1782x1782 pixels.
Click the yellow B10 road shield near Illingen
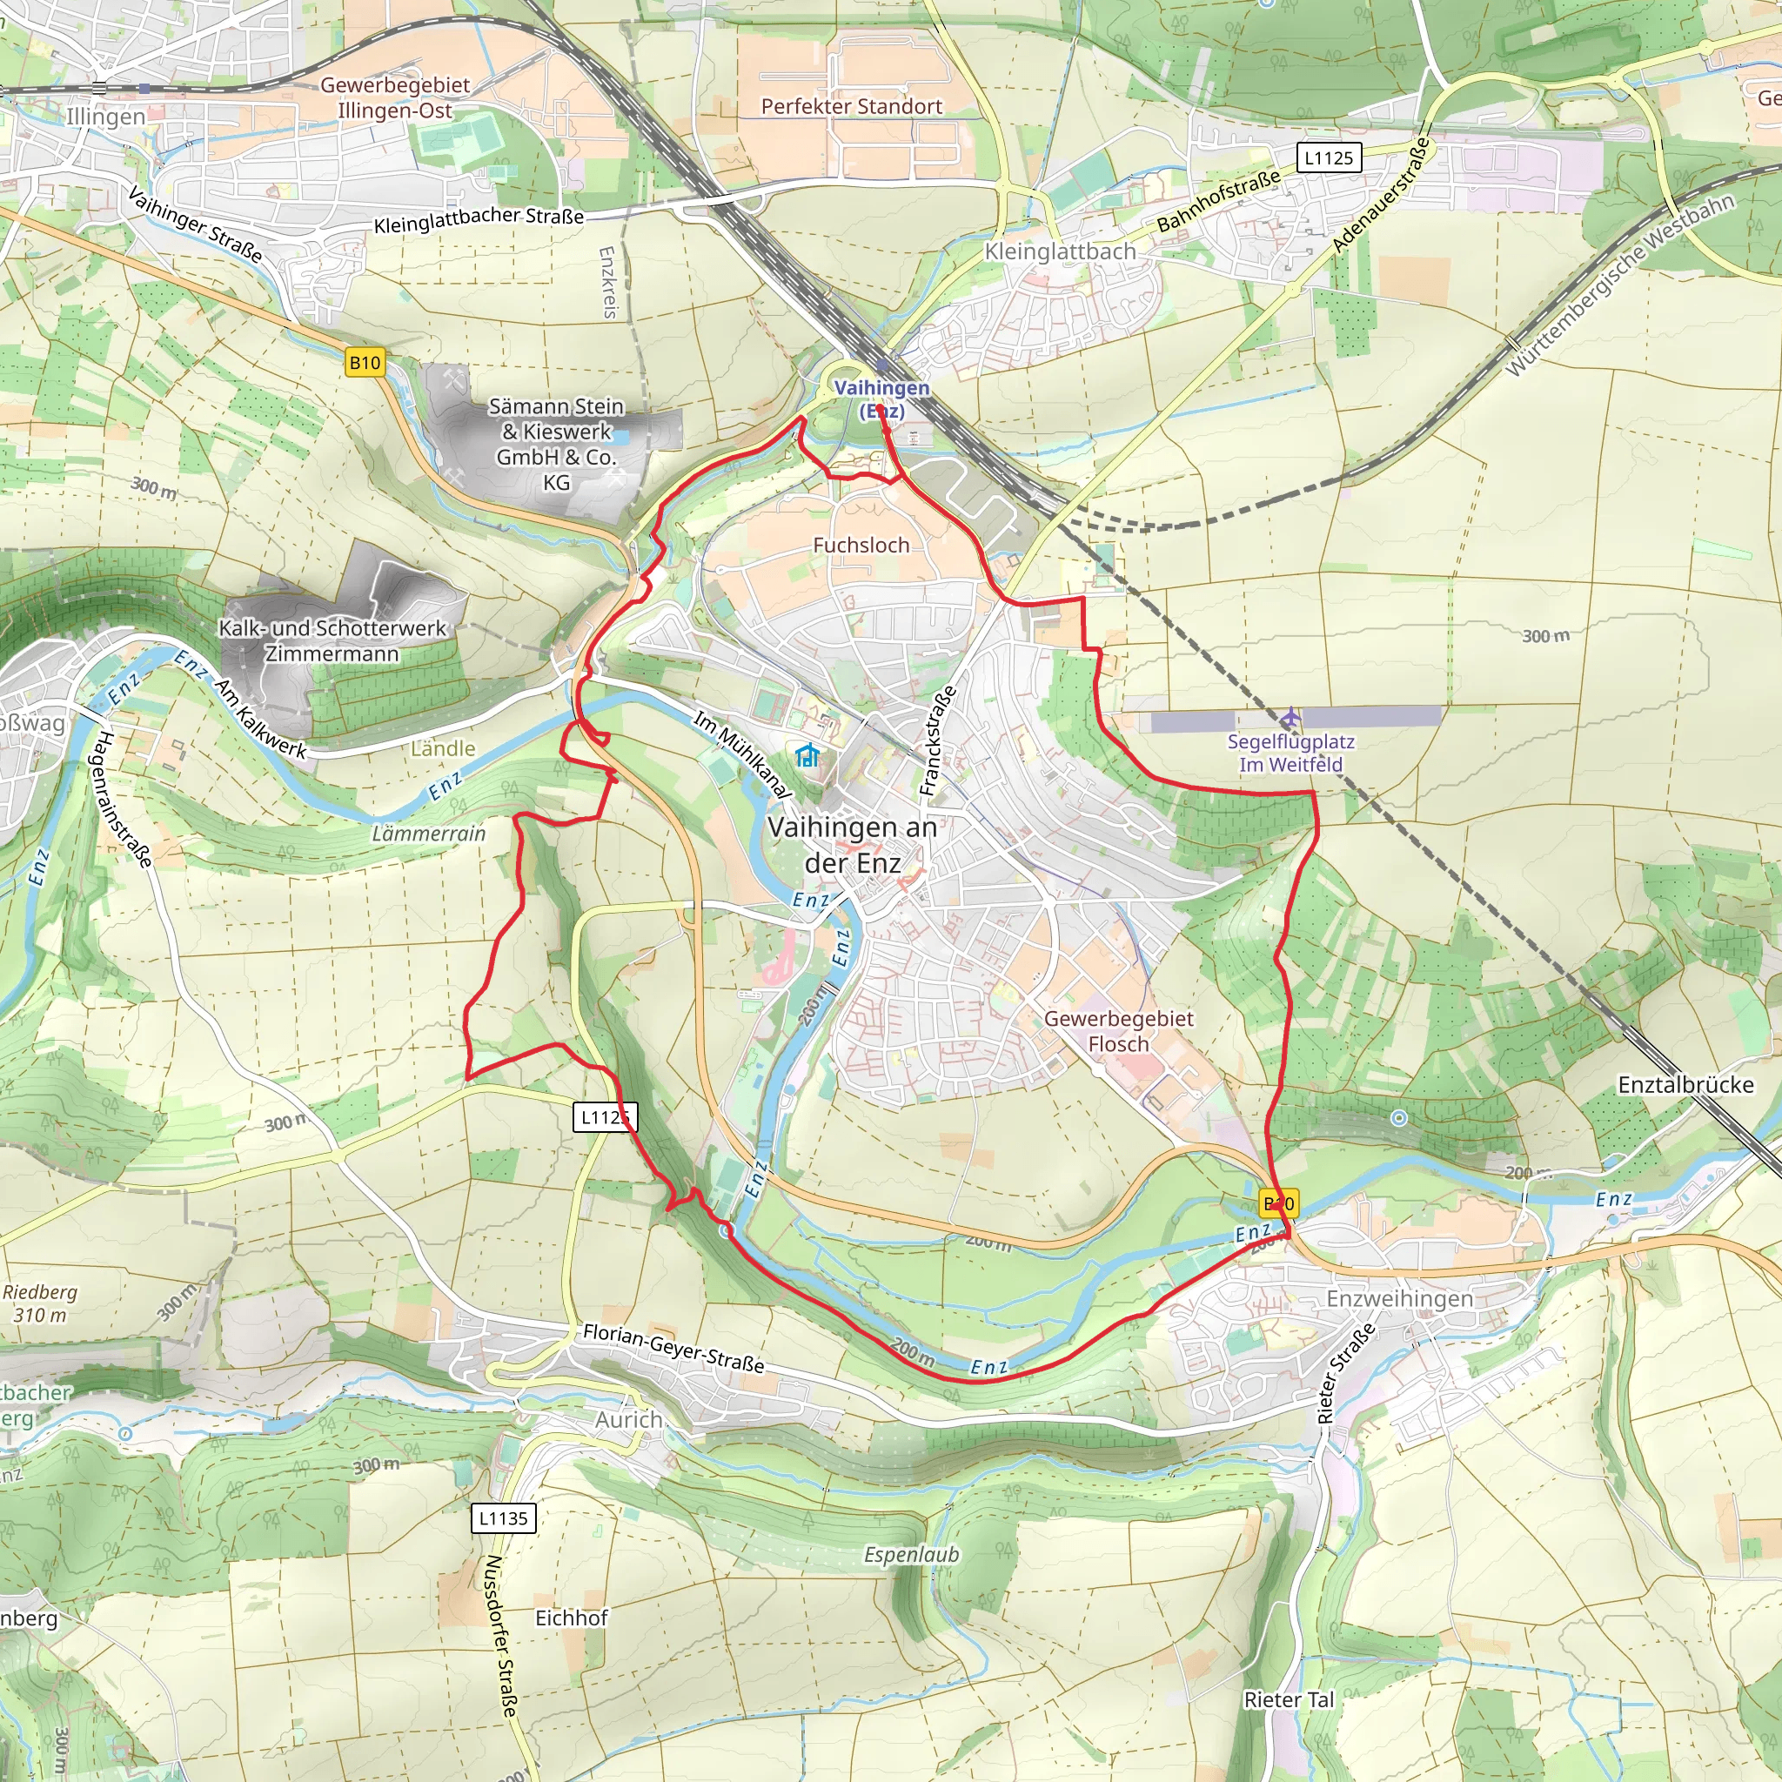pos(365,363)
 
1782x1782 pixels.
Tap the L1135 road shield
pos(504,1518)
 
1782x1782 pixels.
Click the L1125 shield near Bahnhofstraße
pos(1328,157)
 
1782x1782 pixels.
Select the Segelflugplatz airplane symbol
pos(1290,717)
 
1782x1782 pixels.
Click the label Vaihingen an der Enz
pos(852,845)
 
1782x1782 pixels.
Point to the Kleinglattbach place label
pos(1060,251)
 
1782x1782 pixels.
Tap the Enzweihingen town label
pos(1399,1299)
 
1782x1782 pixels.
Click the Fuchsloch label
pos(861,545)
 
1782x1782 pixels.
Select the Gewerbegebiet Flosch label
pos(1118,1031)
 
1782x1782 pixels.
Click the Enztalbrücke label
pos(1685,1085)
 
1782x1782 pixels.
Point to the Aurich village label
pos(628,1419)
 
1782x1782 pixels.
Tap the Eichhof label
pos(571,1618)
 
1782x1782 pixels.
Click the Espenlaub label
pos(911,1555)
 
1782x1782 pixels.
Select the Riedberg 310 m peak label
pos(40,1303)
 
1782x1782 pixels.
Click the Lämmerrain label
pos(428,834)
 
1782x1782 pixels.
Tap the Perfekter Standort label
pos(851,106)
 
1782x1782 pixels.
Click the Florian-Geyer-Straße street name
pos(673,1349)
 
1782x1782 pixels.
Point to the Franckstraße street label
pos(939,740)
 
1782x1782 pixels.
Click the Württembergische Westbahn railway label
pos(1619,284)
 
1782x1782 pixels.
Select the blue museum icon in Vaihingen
pos(807,756)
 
